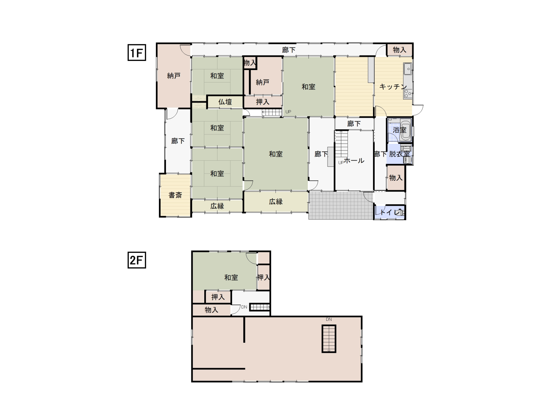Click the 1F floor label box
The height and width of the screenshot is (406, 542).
click(x=137, y=52)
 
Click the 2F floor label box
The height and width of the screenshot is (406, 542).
click(x=137, y=260)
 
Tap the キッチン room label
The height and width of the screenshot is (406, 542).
click(x=393, y=87)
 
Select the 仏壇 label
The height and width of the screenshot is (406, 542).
click(x=225, y=102)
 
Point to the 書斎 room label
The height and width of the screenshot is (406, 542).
click(x=175, y=195)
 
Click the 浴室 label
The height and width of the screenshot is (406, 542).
click(x=399, y=130)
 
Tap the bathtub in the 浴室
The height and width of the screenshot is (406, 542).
click(x=405, y=130)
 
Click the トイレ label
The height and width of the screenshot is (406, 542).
click(x=390, y=212)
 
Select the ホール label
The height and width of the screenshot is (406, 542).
click(x=354, y=160)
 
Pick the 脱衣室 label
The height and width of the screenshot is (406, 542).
click(x=399, y=154)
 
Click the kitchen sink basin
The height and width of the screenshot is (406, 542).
click(x=408, y=69)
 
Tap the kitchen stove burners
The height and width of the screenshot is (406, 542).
click(x=408, y=94)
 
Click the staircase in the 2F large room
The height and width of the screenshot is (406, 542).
click(x=329, y=339)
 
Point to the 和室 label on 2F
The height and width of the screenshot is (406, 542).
click(x=231, y=277)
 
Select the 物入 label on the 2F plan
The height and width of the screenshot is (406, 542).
click(x=211, y=310)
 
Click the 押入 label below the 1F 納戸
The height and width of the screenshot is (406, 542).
click(x=263, y=101)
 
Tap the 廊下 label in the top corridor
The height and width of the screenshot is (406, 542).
click(x=288, y=50)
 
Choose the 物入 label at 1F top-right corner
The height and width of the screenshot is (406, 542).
click(x=399, y=50)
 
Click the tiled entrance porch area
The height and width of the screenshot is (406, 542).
click(x=341, y=205)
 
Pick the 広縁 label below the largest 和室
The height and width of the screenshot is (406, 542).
click(x=275, y=201)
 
